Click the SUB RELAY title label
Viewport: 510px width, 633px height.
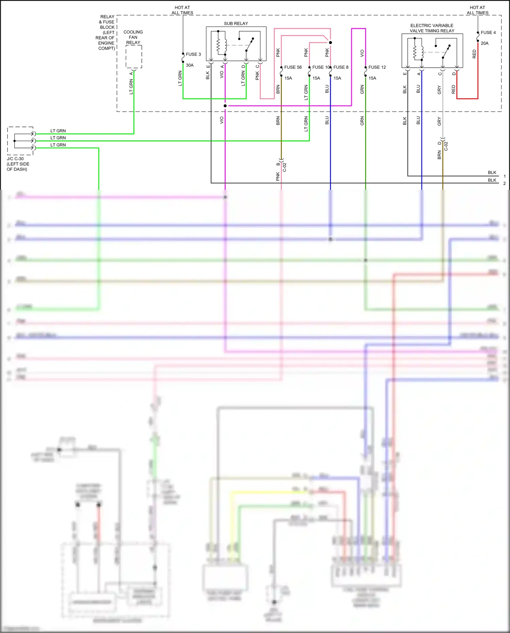point(236,23)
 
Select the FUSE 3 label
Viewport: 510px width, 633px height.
point(193,54)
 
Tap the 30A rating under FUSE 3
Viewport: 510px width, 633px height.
point(190,65)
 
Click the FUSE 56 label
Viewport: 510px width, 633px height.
point(293,67)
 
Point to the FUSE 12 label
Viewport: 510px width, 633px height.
point(377,67)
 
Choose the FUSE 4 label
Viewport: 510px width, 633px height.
point(488,33)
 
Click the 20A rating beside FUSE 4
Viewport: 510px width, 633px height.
point(485,44)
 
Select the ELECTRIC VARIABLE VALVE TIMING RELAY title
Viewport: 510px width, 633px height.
point(432,28)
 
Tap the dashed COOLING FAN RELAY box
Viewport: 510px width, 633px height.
point(134,57)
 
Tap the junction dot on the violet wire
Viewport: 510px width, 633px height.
point(225,106)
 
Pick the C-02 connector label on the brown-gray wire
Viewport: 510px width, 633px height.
point(446,146)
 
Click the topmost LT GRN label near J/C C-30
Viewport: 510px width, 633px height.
point(58,131)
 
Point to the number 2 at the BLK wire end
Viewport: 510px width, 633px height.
point(505,183)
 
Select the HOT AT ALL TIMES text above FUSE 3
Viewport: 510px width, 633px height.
point(182,10)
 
